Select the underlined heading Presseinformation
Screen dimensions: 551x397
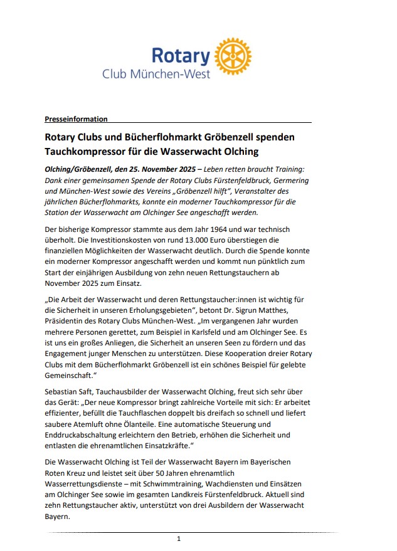click(x=76, y=119)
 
